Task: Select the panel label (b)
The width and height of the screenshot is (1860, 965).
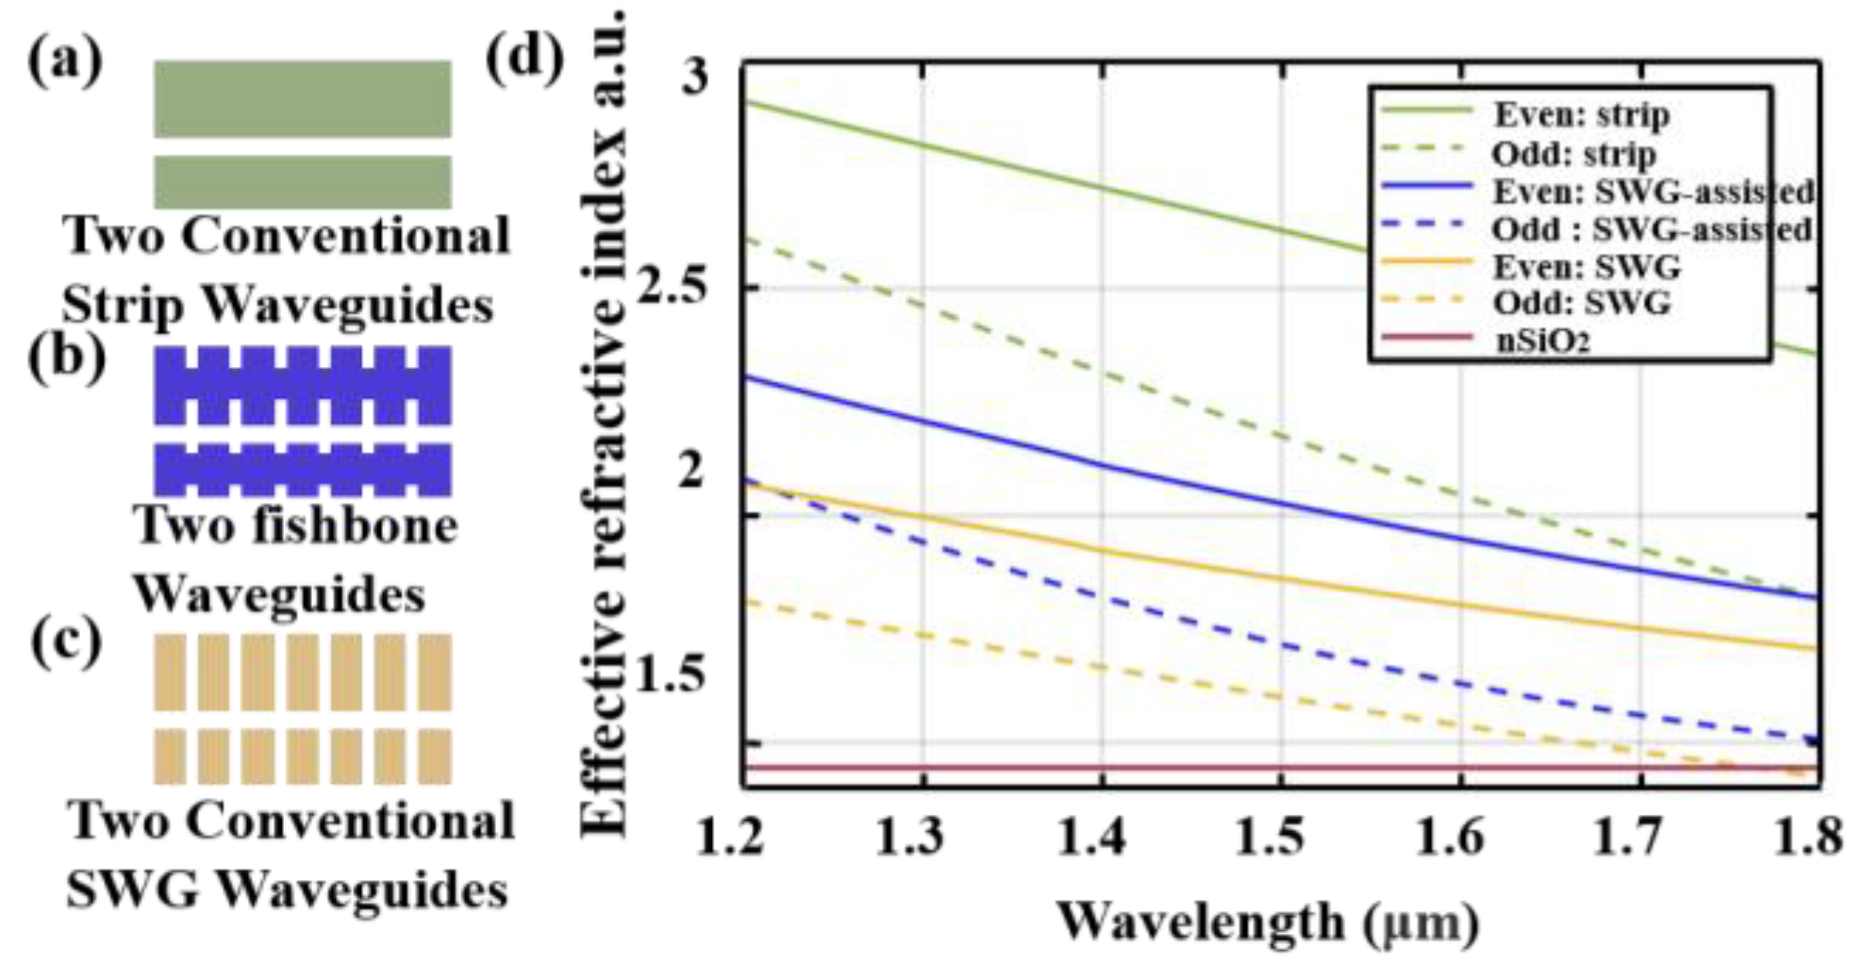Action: (x=66, y=359)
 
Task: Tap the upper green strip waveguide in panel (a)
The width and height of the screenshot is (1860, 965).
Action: (x=302, y=98)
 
